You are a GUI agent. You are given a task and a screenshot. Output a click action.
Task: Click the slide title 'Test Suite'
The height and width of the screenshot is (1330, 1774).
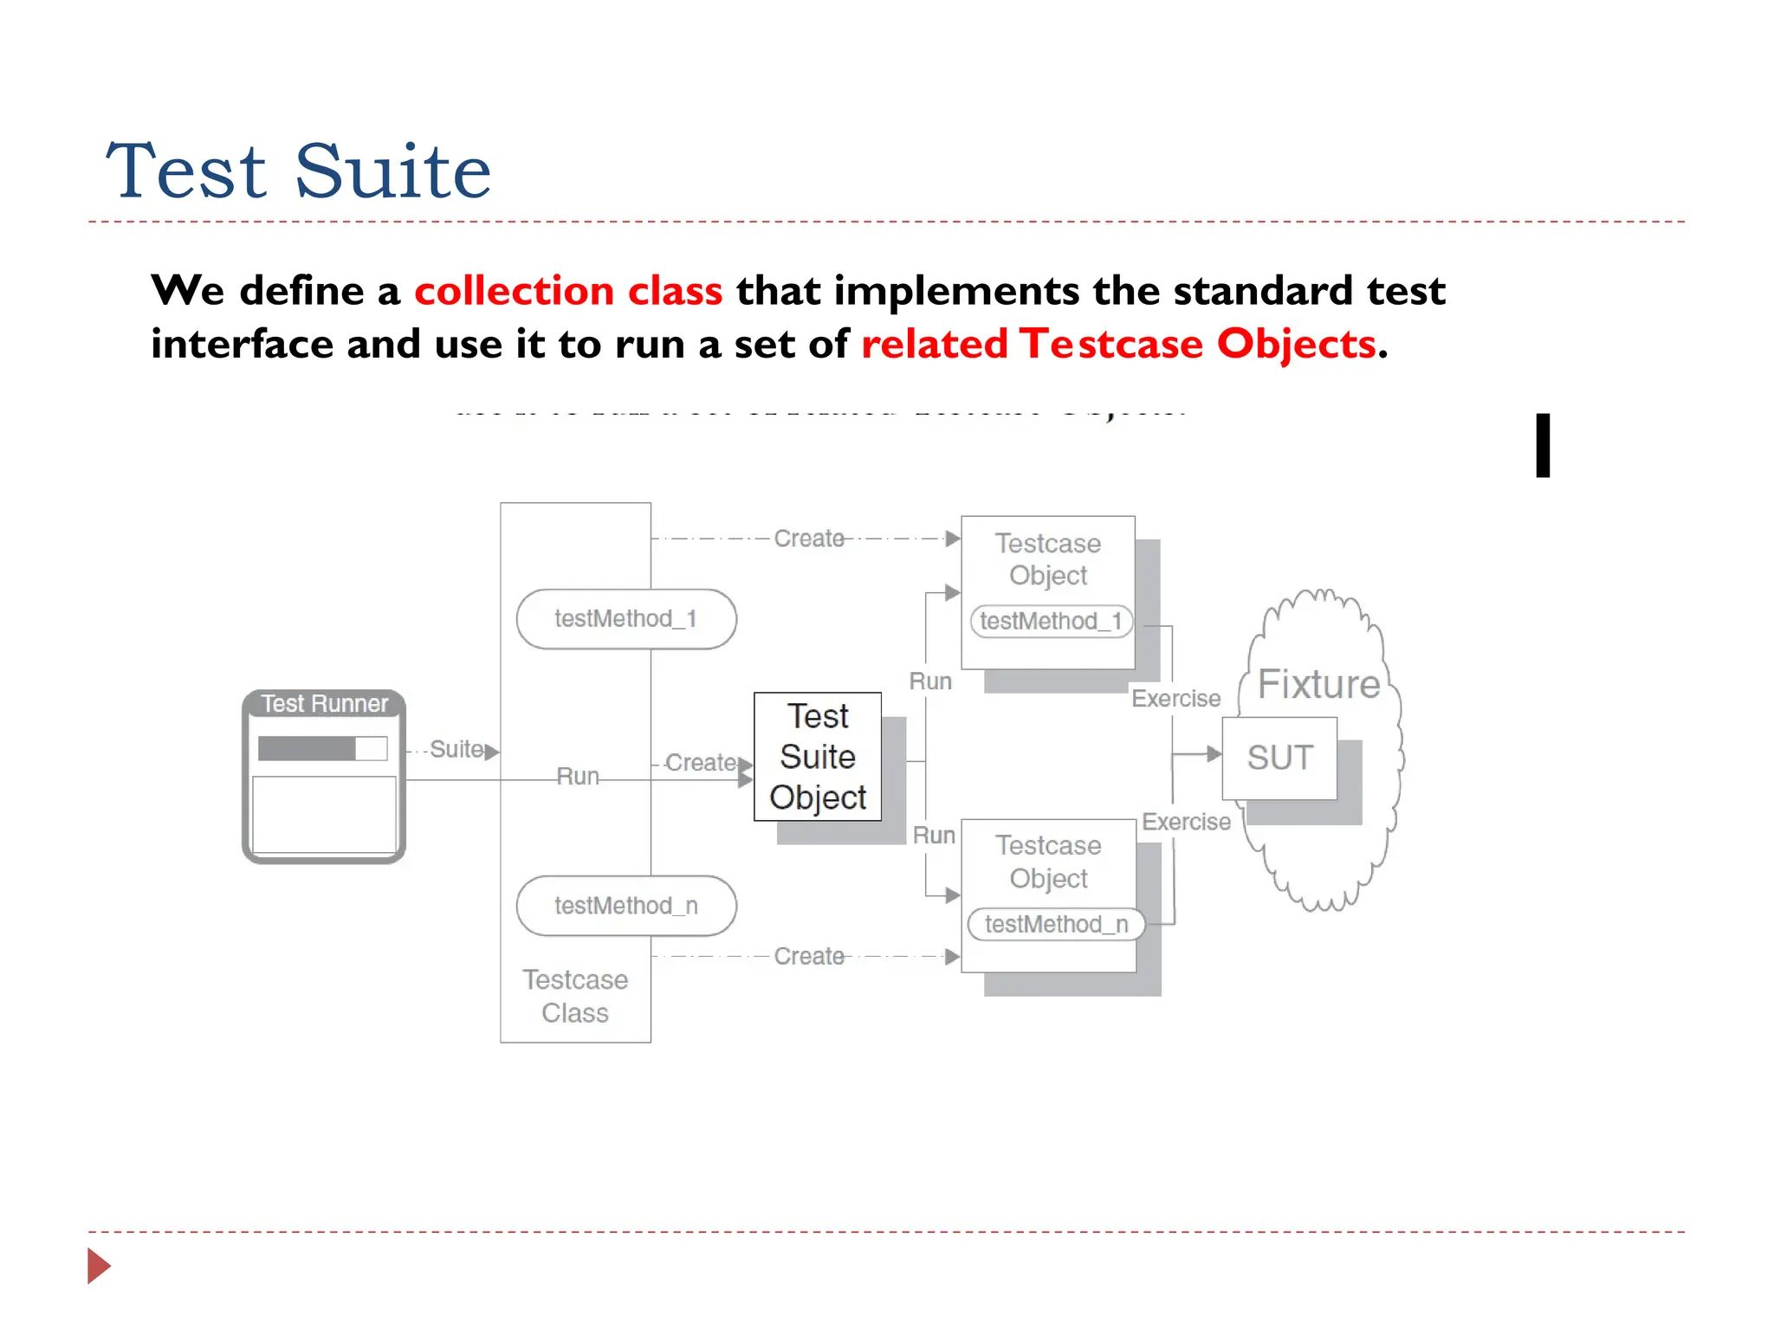[299, 171]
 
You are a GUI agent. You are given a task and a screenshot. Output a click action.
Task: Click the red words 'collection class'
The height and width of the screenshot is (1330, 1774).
[568, 291]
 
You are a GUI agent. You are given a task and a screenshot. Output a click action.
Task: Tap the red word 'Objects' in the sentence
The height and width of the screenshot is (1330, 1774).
[1296, 344]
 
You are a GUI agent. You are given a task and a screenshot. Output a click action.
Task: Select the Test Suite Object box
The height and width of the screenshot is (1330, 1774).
[818, 757]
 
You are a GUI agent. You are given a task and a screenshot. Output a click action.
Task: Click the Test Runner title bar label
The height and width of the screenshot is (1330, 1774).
[324, 704]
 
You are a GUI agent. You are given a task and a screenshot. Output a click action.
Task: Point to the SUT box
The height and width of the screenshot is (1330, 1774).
[1279, 758]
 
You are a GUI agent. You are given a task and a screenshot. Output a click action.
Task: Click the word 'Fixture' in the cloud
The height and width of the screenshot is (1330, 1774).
[1318, 684]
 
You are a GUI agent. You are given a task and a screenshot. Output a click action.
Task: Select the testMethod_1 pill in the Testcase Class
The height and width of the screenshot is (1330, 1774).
[625, 619]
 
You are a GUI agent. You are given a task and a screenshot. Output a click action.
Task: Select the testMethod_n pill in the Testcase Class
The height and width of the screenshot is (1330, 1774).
[625, 906]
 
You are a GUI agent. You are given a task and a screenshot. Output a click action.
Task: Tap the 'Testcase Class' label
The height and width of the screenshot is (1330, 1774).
[575, 996]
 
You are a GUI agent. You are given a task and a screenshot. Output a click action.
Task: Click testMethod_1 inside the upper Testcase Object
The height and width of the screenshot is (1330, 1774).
[1051, 621]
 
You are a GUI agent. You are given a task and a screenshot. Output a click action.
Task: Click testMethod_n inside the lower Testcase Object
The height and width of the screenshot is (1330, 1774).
[1056, 924]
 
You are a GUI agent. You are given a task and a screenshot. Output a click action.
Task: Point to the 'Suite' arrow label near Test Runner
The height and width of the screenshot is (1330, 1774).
[456, 749]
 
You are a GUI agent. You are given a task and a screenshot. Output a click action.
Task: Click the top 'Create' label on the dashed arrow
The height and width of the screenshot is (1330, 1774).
[808, 539]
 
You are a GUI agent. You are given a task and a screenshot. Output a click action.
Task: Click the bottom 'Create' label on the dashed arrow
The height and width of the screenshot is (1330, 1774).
[808, 956]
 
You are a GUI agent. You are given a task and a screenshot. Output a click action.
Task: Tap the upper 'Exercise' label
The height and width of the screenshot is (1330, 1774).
[1175, 698]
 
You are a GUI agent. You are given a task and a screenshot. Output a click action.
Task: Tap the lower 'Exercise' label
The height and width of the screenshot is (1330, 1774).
[1186, 822]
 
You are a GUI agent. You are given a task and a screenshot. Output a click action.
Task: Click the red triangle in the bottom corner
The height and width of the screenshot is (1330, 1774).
[98, 1266]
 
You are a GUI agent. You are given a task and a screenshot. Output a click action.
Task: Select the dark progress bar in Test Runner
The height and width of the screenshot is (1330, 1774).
[307, 748]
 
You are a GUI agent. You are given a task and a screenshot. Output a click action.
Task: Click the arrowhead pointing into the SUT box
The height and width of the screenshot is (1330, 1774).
[1214, 754]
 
